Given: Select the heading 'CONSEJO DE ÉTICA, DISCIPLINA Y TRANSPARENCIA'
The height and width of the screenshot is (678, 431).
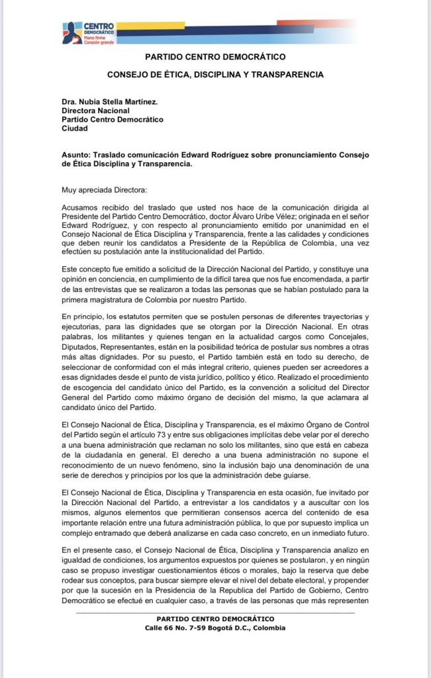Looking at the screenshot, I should coord(215,75).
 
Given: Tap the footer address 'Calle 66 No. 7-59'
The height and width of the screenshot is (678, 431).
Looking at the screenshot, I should coord(175,628).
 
